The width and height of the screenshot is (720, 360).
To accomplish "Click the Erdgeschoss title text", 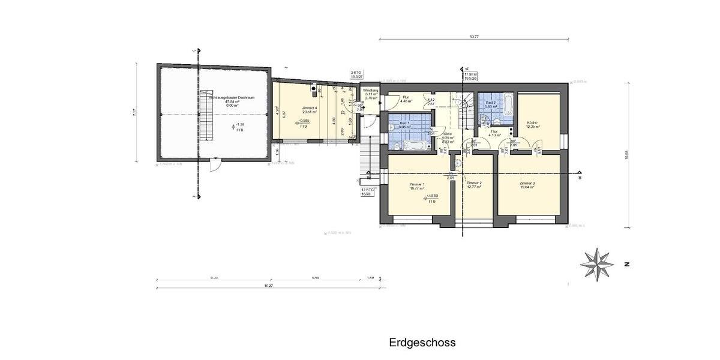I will (422, 343).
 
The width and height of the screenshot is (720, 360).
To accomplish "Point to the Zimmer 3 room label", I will (527, 185).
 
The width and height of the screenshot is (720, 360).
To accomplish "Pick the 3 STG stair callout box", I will (356, 75).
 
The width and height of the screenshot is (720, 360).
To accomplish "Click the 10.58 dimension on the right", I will (625, 155).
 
